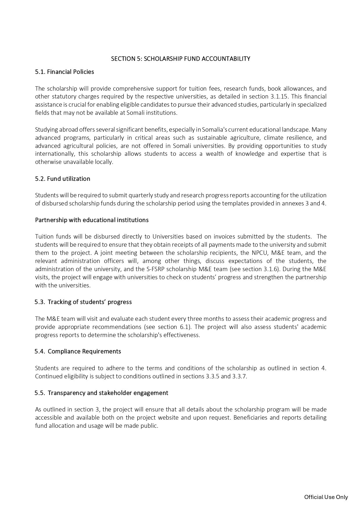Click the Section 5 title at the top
pyautogui.click(x=180, y=59)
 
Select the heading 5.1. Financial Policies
pyautogui.click(x=64, y=72)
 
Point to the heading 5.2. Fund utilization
pyautogui.click(x=62, y=179)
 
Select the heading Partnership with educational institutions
pyautogui.click(x=92, y=220)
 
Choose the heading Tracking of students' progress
pyautogui.click(x=89, y=302)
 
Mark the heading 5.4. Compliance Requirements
pyautogui.click(x=78, y=351)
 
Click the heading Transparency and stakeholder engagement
pyautogui.click(x=108, y=393)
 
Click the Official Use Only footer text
pyautogui.click(x=326, y=497)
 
